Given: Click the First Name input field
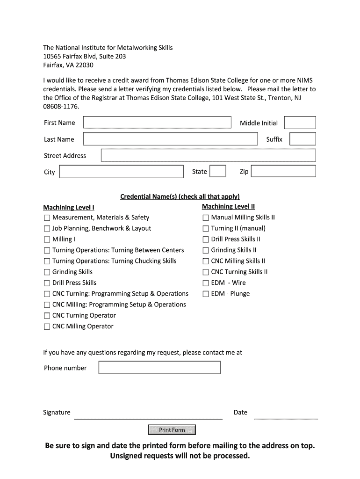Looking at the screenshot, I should point(157,123).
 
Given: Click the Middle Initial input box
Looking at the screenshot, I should point(300,123).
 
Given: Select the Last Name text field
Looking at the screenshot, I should point(170,139).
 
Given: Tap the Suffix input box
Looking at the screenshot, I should point(302,139).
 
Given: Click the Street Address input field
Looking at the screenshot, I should point(208,155).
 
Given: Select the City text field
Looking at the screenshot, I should point(122,172).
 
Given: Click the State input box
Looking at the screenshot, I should point(218,171).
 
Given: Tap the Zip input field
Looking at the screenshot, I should point(283,171).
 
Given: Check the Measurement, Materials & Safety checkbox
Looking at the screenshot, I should point(47,218).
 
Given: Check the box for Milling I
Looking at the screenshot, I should point(47,239).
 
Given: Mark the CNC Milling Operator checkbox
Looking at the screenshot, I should point(47,327).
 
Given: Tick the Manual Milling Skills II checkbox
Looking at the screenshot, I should point(206,218).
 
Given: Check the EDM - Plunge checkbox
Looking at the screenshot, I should point(206,294).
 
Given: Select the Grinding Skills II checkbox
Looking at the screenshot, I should point(206,250).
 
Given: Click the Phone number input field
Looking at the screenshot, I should point(159,368).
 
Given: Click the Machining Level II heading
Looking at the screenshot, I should point(228,206).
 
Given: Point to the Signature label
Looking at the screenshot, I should point(57,412).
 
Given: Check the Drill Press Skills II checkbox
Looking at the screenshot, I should point(206,239).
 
